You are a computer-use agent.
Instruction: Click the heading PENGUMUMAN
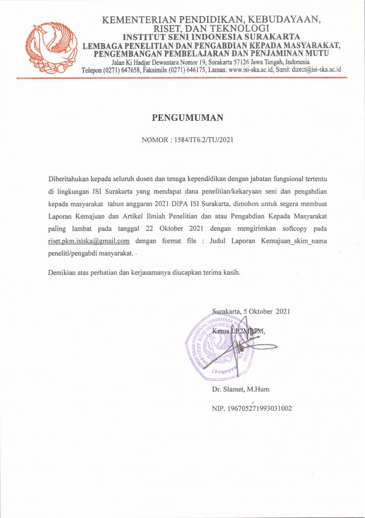tap(188, 119)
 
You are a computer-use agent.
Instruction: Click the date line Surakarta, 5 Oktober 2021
tap(251, 312)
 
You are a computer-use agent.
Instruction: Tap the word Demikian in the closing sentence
tap(62, 272)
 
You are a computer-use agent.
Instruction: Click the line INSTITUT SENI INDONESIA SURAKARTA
tap(212, 36)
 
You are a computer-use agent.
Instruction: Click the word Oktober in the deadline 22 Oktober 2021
tap(177, 229)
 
